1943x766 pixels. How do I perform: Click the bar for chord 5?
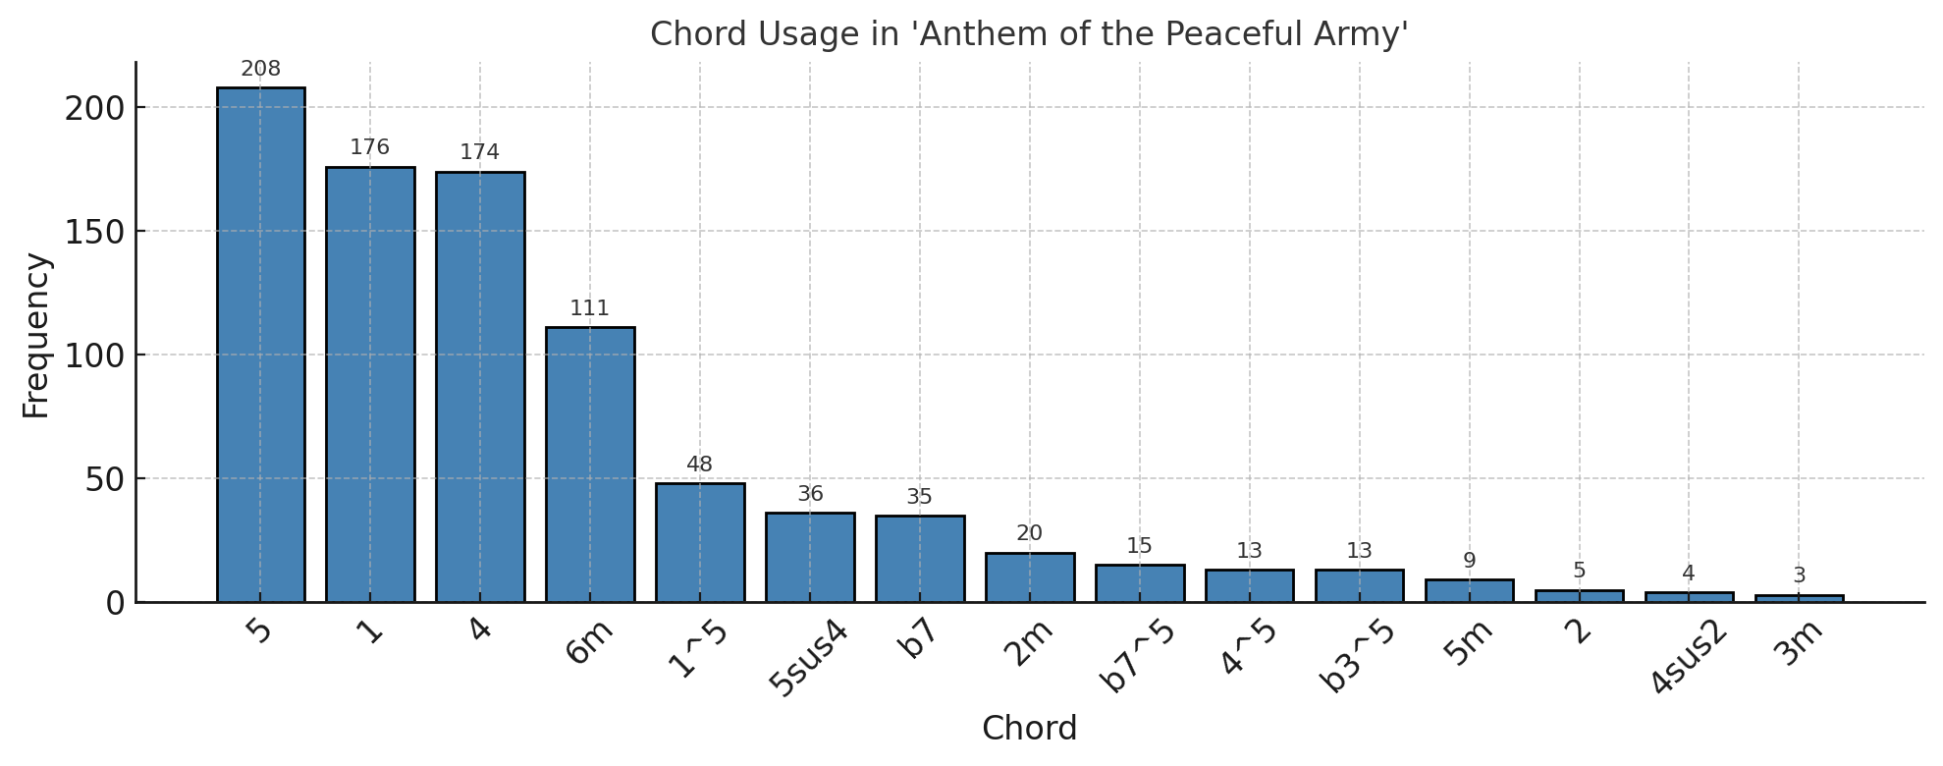(x=260, y=344)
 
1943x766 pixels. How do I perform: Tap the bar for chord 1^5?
(x=700, y=542)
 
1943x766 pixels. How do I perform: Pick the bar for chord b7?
(x=920, y=558)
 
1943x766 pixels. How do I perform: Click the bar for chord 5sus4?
(x=810, y=557)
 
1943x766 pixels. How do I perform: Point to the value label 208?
(x=260, y=69)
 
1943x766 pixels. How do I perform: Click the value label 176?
(x=370, y=147)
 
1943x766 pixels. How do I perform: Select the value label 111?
(x=590, y=308)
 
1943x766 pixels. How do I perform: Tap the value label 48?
(x=700, y=465)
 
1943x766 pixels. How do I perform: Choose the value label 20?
(x=1029, y=533)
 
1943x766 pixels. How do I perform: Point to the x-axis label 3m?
(x=1801, y=645)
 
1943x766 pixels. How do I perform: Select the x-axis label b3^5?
(x=1358, y=656)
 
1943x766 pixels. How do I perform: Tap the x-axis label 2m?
(x=1028, y=645)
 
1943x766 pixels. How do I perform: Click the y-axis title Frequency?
(x=35, y=336)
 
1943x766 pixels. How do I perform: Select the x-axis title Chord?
(x=1029, y=729)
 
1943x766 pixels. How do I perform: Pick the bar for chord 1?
(x=370, y=383)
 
